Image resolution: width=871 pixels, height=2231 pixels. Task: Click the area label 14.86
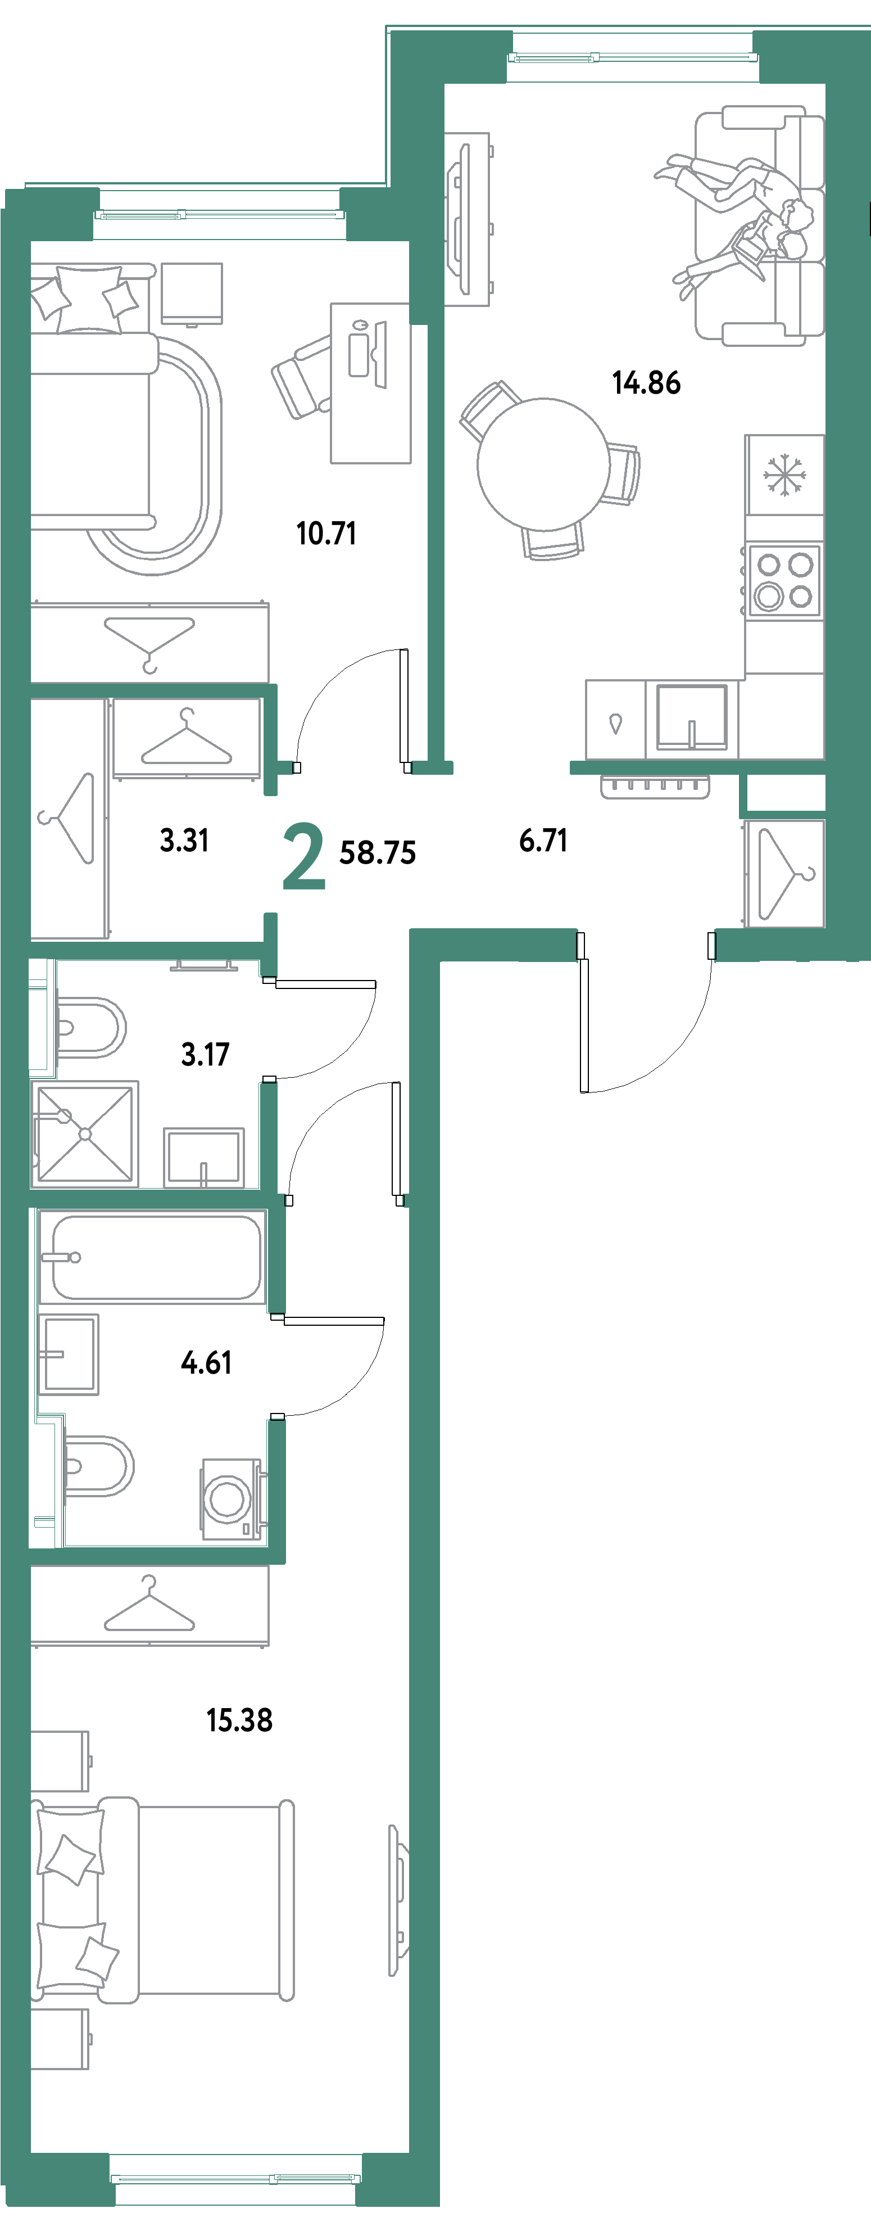[x=646, y=382]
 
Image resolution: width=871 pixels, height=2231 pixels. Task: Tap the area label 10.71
[x=326, y=532]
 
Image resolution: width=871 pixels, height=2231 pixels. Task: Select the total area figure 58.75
[x=378, y=853]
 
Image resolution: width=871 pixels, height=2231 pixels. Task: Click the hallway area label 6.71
[x=544, y=840]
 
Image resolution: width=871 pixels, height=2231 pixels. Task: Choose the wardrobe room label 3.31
[x=184, y=840]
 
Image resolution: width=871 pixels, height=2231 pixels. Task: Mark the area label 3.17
[x=205, y=1054]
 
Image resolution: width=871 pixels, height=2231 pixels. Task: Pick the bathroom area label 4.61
[x=206, y=1362]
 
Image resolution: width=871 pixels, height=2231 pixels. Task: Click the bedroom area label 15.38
[x=240, y=1719]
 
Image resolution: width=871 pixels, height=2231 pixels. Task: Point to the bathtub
[x=156, y=1257]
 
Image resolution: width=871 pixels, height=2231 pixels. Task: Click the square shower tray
[x=85, y=1133]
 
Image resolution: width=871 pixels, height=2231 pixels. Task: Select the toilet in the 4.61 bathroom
[x=98, y=1466]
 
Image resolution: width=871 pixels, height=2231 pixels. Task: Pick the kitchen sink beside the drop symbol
[x=691, y=716]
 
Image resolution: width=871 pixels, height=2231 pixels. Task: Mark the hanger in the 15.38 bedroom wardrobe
[x=149, y=1606]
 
